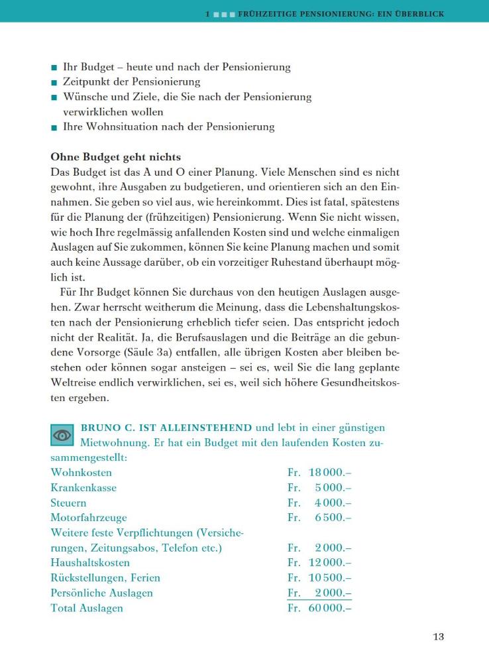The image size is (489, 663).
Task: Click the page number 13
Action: (439, 637)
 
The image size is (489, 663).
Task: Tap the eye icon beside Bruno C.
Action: (62, 436)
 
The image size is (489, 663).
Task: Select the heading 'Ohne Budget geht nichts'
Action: (115, 157)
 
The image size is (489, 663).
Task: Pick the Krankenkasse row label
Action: (83, 488)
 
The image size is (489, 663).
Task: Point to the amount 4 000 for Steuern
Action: (333, 503)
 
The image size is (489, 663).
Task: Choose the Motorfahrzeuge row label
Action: (89, 518)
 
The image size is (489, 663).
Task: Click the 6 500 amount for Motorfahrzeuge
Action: (333, 518)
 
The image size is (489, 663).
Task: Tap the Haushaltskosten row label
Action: (90, 563)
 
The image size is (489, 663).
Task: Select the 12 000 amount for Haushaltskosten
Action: (330, 563)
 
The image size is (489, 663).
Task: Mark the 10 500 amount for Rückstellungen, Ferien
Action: (330, 578)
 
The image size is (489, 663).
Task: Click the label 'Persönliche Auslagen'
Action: (101, 593)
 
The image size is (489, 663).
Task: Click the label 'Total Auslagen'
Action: (87, 608)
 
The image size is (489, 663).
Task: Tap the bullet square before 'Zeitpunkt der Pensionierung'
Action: (54, 83)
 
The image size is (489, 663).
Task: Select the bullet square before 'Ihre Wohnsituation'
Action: (54, 127)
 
